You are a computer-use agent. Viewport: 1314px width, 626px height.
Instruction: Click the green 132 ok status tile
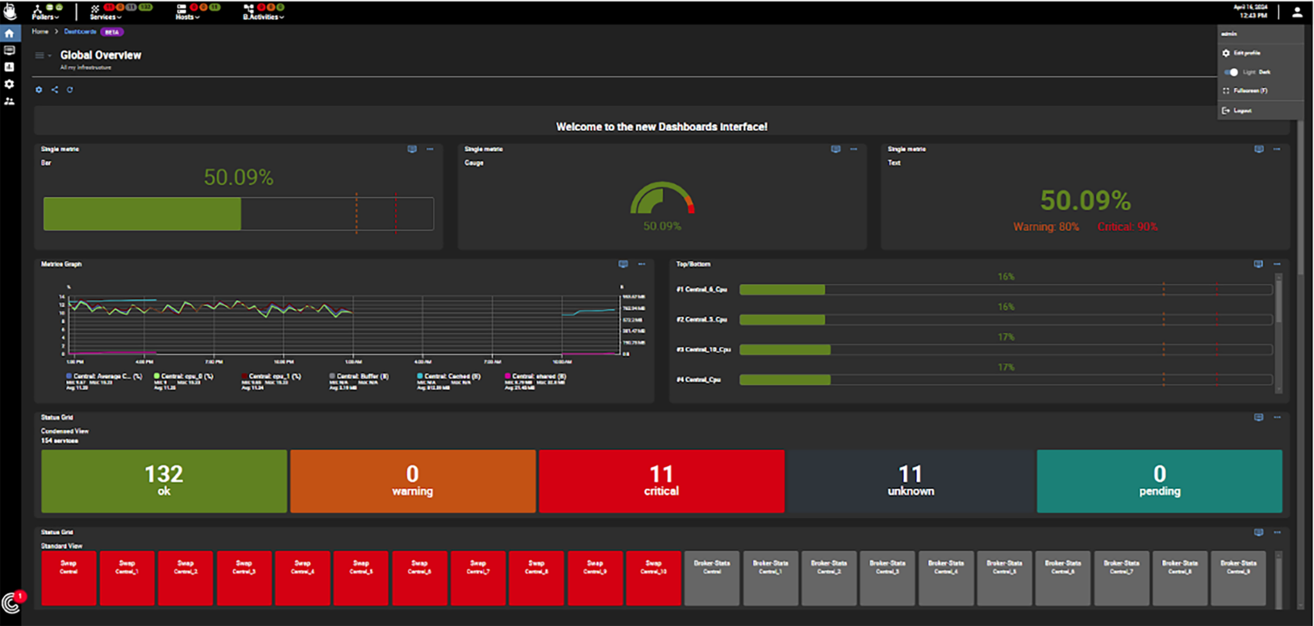164,481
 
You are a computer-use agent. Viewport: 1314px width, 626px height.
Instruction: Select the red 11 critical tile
661,481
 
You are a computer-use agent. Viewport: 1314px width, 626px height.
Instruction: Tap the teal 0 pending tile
1159,481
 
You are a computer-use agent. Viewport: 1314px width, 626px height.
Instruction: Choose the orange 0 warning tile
412,481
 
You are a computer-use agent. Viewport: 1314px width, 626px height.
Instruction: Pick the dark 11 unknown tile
910,481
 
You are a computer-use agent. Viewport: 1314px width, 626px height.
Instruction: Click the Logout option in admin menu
1242,111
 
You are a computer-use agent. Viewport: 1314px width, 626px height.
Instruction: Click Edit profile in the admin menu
1246,53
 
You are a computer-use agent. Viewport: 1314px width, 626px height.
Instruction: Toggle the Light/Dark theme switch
1231,72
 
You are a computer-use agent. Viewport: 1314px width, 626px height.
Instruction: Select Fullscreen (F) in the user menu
1249,91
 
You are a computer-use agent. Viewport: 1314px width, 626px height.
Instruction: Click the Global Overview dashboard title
101,55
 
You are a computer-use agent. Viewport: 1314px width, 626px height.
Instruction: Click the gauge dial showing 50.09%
661,199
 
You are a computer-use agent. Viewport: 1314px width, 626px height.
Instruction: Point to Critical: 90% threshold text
1127,227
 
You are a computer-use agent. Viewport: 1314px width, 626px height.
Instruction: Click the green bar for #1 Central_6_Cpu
781,290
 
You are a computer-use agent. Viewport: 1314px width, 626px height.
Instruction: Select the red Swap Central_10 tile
653,577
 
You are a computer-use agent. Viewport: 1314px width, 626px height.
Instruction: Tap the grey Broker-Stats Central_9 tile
1238,577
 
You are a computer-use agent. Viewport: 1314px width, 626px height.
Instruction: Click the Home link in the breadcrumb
40,31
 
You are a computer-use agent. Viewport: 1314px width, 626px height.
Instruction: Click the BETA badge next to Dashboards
112,32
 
